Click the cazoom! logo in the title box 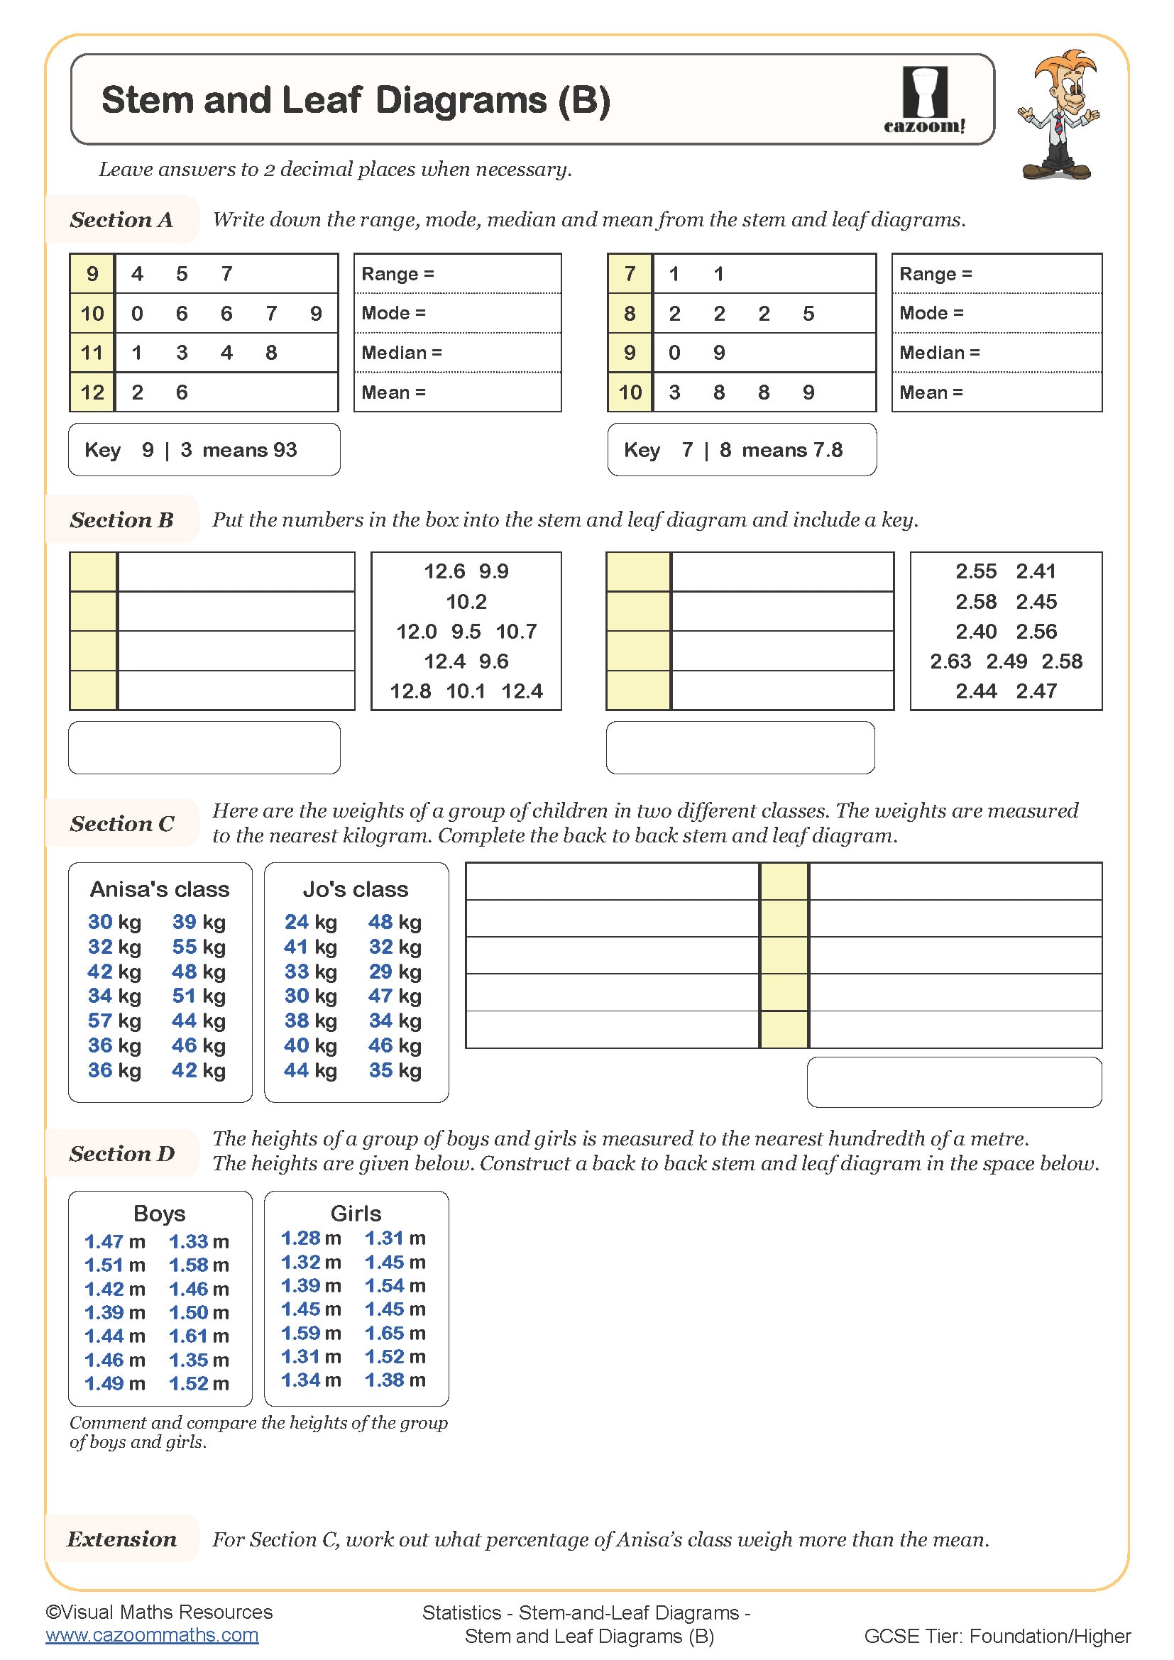pos(925,100)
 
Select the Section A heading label pos(121,220)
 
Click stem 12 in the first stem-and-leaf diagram pos(92,392)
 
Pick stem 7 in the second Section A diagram pos(630,274)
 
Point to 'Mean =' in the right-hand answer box pos(931,392)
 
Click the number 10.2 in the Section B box pos(466,602)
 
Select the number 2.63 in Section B pos(950,661)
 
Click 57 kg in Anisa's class pos(114,1021)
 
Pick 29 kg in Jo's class pos(395,972)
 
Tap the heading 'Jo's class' pos(356,889)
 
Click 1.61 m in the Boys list pos(199,1336)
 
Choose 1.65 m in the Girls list pos(395,1334)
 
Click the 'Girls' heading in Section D pos(356,1213)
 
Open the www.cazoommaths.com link pos(152,1635)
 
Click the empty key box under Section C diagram pos(953,1082)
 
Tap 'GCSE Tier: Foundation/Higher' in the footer pos(997,1636)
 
